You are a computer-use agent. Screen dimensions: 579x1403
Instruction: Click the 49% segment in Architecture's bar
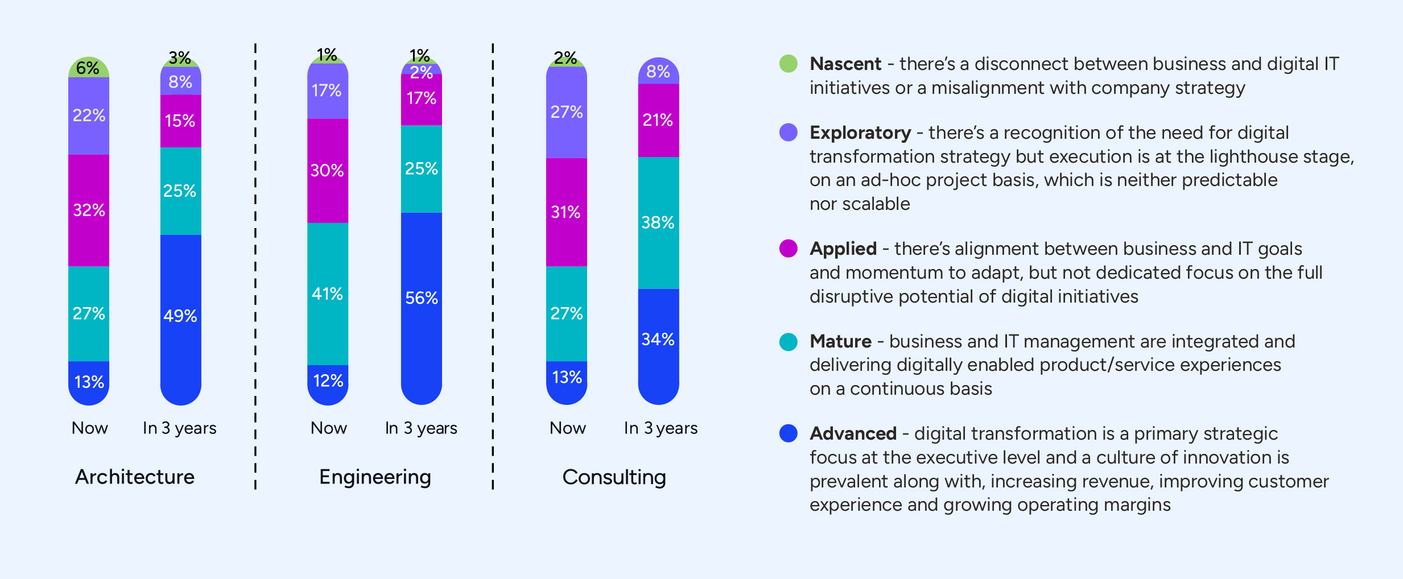[x=180, y=316]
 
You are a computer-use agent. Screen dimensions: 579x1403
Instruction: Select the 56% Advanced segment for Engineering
[x=422, y=298]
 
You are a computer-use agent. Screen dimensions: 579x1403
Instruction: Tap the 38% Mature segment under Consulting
[x=658, y=222]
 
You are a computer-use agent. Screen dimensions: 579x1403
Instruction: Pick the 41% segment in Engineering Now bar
[x=328, y=294]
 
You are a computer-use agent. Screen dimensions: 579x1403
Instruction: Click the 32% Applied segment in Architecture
[x=89, y=210]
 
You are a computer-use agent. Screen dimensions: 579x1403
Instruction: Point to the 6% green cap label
[x=88, y=68]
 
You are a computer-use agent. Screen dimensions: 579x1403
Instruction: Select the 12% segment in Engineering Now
[x=328, y=381]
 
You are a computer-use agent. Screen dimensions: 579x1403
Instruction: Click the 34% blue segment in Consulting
[x=658, y=340]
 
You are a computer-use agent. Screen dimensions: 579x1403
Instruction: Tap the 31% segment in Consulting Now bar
[x=566, y=212]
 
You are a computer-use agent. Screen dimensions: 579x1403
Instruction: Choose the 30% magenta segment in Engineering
[x=328, y=171]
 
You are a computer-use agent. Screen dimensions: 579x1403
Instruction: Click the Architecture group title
[x=135, y=477]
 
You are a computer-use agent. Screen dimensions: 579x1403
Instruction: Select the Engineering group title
[x=375, y=477]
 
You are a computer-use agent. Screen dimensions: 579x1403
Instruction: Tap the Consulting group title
[x=614, y=477]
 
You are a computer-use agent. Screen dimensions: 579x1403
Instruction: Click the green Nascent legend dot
[x=788, y=64]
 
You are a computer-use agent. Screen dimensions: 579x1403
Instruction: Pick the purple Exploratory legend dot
[x=788, y=133]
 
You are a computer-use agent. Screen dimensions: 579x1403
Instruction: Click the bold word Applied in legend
[x=843, y=249]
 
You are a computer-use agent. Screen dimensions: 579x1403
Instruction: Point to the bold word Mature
[x=840, y=341]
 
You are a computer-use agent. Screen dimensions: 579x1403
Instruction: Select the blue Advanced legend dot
[x=788, y=433]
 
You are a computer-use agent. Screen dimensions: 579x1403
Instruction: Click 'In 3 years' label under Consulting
[x=661, y=428]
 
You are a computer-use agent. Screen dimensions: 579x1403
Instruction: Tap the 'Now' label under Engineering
[x=328, y=428]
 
